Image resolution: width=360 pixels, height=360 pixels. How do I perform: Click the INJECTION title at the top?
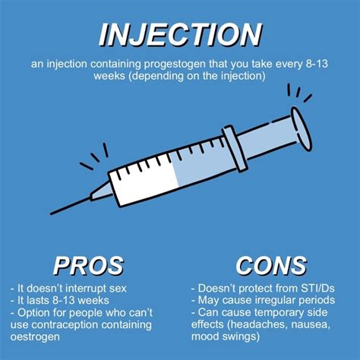180,33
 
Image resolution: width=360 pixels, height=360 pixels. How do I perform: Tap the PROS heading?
87,266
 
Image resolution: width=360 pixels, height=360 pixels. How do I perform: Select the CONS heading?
271,266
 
